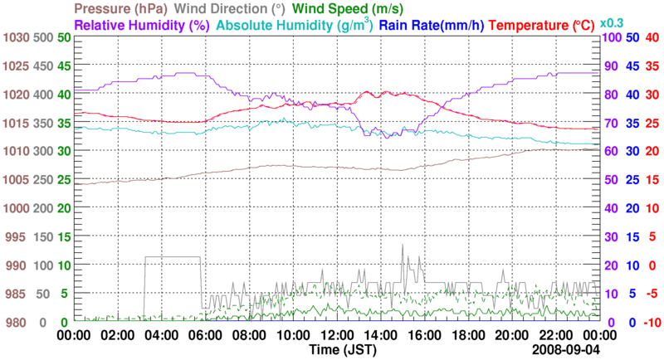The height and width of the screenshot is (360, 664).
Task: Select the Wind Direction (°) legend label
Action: click(x=231, y=8)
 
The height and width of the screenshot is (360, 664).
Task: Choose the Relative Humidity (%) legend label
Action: click(x=140, y=25)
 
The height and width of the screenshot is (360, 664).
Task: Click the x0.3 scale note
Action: click(x=613, y=22)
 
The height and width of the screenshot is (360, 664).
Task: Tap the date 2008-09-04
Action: click(x=568, y=351)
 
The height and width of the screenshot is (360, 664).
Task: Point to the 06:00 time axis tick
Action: click(x=205, y=335)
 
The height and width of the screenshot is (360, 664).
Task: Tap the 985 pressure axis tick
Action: click(x=17, y=294)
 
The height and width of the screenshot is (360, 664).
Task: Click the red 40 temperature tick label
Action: click(x=652, y=38)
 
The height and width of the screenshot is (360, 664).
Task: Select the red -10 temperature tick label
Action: click(x=651, y=322)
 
